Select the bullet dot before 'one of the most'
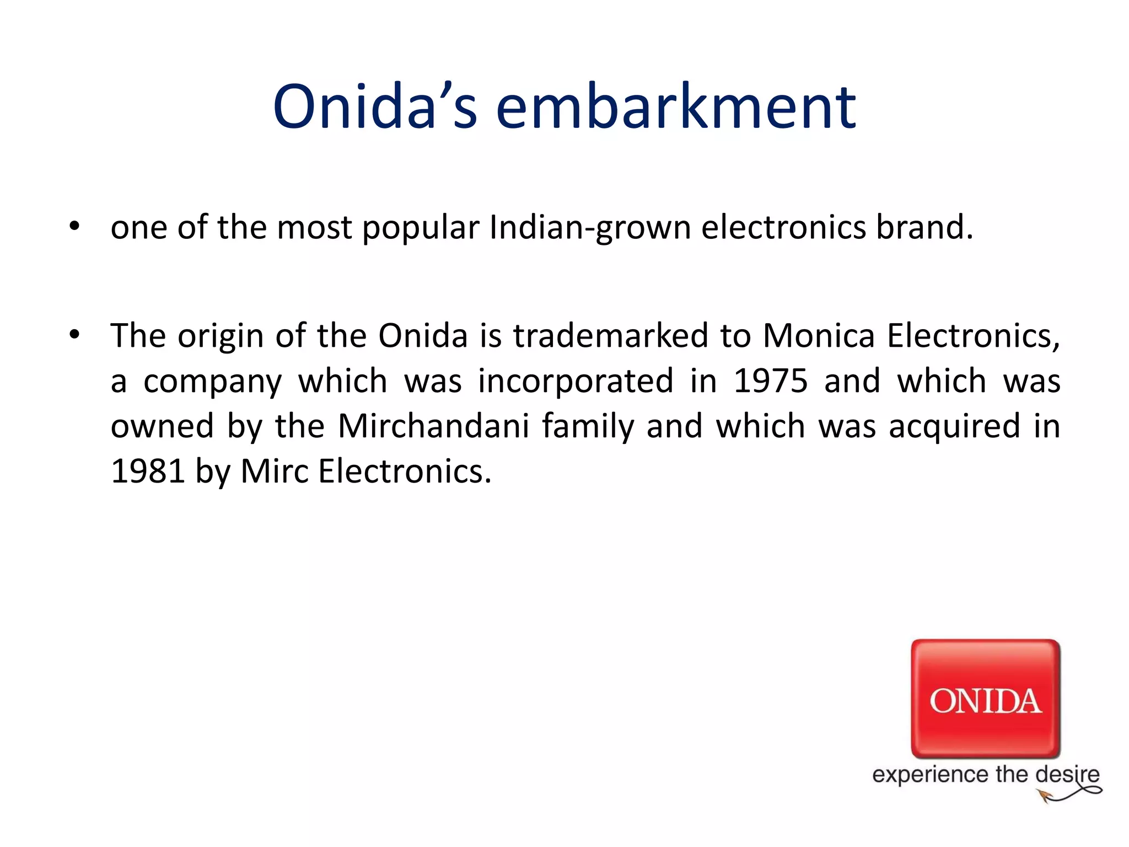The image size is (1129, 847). coord(74,226)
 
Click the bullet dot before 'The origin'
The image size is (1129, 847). coord(74,335)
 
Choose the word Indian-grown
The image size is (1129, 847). coord(590,228)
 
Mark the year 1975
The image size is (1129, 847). coord(770,381)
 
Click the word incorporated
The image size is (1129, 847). coord(576,381)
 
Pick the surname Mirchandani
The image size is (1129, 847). coord(433,426)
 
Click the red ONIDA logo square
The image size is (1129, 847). coord(985,698)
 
